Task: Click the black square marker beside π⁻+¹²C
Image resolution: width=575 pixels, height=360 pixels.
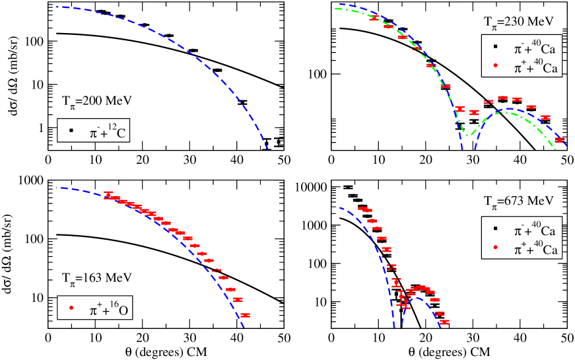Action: pyautogui.click(x=70, y=130)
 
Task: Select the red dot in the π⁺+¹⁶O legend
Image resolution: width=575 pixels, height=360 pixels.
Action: pyautogui.click(x=70, y=307)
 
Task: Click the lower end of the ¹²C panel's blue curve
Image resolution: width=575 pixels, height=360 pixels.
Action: pyautogui.click(x=269, y=150)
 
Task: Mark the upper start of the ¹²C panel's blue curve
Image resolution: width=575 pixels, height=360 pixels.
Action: pyautogui.click(x=58, y=7)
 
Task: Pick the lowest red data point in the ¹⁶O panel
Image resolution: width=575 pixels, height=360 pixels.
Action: pyautogui.click(x=245, y=315)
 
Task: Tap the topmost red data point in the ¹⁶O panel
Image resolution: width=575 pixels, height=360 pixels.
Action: pyautogui.click(x=108, y=194)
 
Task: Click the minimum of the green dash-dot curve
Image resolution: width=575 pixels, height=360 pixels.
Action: pyautogui.click(x=467, y=135)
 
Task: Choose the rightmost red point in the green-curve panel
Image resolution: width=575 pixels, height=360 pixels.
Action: pyautogui.click(x=560, y=139)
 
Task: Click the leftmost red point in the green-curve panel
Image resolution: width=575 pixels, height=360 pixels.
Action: pyautogui.click(x=374, y=18)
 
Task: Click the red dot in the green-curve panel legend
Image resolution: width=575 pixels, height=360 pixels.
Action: pyautogui.click(x=494, y=65)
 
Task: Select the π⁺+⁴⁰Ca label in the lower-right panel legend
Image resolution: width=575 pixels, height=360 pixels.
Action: pyautogui.click(x=535, y=249)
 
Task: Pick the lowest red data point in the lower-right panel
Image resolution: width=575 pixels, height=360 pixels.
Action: pyautogui.click(x=444, y=322)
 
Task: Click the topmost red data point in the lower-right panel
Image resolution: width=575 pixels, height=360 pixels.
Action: pyautogui.click(x=362, y=208)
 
